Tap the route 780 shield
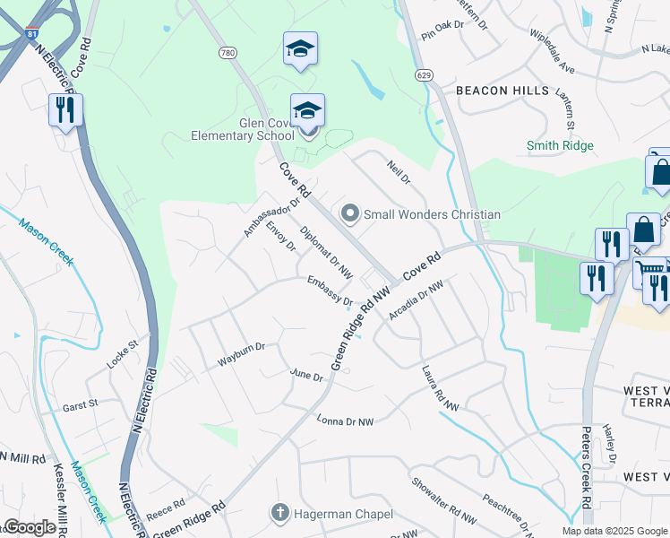228,54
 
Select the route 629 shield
421,74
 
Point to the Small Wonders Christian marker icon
349,213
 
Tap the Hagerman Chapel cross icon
280,513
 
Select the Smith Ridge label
560,145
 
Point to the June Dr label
306,375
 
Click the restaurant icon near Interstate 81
65,110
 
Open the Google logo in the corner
30,527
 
